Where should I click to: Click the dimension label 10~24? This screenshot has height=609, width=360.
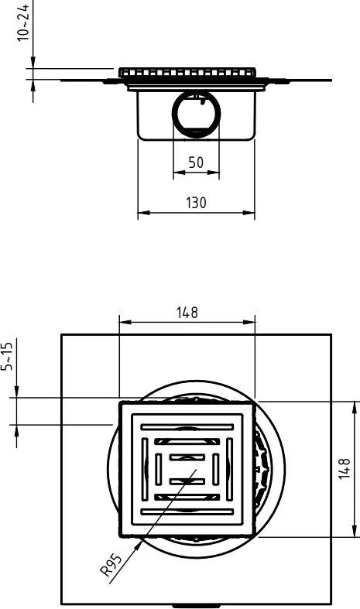click(x=23, y=22)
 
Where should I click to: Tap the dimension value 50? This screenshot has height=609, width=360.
click(x=196, y=163)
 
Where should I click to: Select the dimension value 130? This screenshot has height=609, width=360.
click(x=196, y=203)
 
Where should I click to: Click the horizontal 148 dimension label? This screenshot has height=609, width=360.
click(x=187, y=313)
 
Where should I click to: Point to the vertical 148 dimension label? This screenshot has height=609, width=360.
click(x=345, y=469)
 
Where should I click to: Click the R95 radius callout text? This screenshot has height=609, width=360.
click(x=111, y=566)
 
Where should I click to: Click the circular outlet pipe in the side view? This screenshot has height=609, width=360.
click(x=197, y=113)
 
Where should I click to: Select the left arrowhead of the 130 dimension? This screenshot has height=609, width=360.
click(x=143, y=213)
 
